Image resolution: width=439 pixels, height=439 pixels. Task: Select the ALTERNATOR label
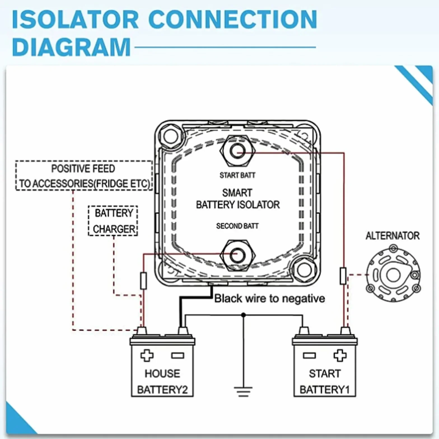pyautogui.click(x=393, y=236)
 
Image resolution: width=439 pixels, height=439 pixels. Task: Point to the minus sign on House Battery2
pyautogui.click(x=178, y=356)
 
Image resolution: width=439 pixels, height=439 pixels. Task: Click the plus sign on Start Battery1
pyautogui.click(x=340, y=355)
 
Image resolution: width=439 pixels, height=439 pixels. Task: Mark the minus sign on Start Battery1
pyautogui.click(x=309, y=356)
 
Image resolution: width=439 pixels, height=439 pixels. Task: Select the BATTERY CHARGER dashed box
pyautogui.click(x=113, y=221)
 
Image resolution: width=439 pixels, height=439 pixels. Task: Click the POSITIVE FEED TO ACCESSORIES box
pyautogui.click(x=84, y=176)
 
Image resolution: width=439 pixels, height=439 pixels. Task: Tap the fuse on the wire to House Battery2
pyautogui.click(x=143, y=280)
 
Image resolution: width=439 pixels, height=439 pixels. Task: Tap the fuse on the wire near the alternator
pyautogui.click(x=343, y=276)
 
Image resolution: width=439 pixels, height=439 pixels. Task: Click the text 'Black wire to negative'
pyautogui.click(x=270, y=298)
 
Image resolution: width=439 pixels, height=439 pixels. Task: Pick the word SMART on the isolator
pyautogui.click(x=237, y=193)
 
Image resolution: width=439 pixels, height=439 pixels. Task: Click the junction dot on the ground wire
pyautogui.click(x=243, y=315)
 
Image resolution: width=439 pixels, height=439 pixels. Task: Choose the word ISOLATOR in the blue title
pyautogui.click(x=76, y=19)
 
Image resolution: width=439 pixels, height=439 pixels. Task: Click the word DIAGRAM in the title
pyautogui.click(x=71, y=47)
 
